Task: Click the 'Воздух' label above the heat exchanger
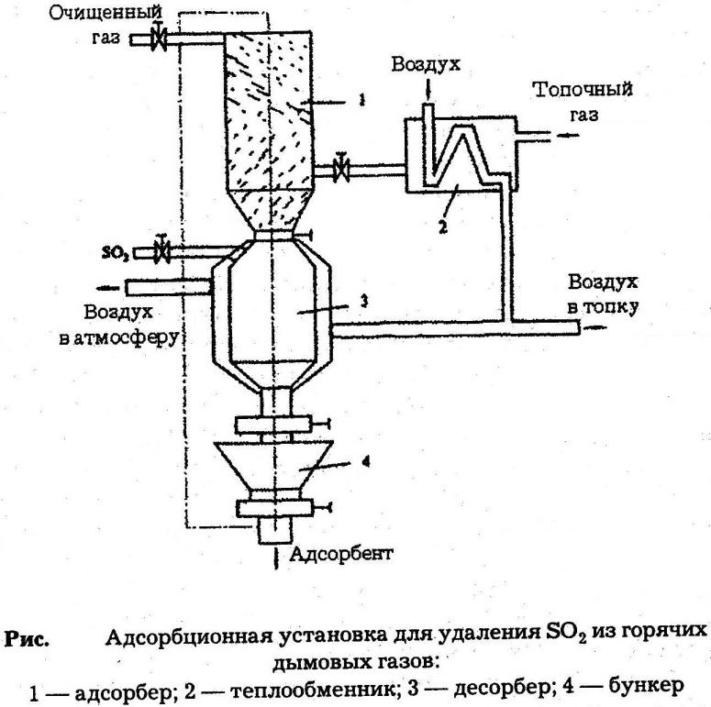424,65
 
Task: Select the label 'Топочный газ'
584,103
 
